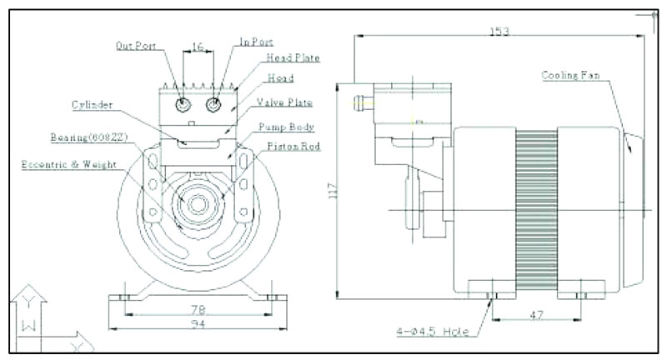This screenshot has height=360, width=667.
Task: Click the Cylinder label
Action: coord(92,106)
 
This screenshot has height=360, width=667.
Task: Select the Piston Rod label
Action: coord(293,147)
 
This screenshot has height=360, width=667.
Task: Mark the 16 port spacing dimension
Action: coord(198,48)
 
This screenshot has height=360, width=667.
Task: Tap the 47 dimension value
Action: coord(537,317)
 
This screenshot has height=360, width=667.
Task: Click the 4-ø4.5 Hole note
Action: coord(434,332)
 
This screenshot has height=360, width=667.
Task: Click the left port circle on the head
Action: coord(183,105)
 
